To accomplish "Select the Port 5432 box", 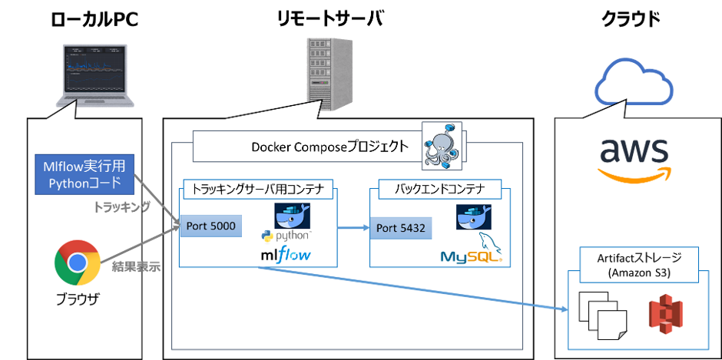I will (x=398, y=227).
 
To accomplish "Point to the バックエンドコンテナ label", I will (x=436, y=189).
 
